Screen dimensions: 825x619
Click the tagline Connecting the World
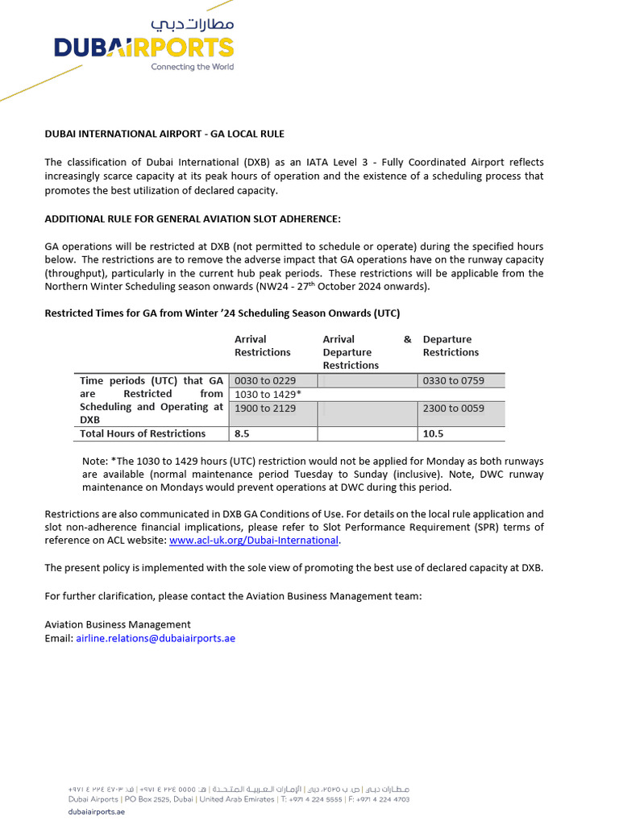click(192, 67)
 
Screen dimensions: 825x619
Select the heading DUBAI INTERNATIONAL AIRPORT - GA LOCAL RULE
click(164, 134)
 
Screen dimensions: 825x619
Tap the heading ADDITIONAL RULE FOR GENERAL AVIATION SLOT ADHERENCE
click(193, 219)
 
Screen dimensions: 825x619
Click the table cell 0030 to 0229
click(265, 381)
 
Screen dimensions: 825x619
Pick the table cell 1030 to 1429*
click(268, 395)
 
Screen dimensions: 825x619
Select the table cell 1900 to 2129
click(265, 408)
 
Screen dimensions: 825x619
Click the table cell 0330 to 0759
click(454, 381)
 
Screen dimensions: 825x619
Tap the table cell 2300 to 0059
click(454, 408)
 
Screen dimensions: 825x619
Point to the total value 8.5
click(242, 433)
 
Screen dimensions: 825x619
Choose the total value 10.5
click(434, 433)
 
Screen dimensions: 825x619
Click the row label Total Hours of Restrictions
click(143, 433)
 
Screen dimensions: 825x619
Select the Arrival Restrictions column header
click(262, 346)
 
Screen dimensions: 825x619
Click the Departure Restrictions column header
click(451, 346)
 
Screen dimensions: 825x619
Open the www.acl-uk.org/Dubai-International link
click(253, 540)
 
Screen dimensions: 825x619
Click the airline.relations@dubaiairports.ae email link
click(156, 638)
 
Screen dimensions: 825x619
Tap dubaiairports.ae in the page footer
click(96, 812)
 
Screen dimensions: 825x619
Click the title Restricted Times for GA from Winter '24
click(222, 313)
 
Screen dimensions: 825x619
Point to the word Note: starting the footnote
click(95, 461)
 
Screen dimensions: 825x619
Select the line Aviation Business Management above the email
click(118, 624)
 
